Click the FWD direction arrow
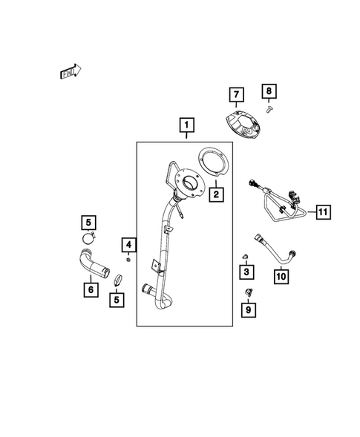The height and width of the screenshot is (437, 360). pyautogui.click(x=71, y=72)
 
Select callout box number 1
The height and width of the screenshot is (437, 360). pyautogui.click(x=186, y=125)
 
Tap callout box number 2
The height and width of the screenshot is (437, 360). pyautogui.click(x=216, y=194)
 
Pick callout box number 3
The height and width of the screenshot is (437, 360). pyautogui.click(x=246, y=272)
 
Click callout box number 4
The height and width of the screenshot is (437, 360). pyautogui.click(x=128, y=245)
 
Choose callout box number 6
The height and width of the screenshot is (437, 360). pyautogui.click(x=91, y=289)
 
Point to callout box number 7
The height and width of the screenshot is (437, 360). pyautogui.click(x=237, y=94)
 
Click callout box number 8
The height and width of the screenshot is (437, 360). pyautogui.click(x=269, y=91)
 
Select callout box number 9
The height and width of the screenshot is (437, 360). pyautogui.click(x=249, y=309)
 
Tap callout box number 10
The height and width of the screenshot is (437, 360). pyautogui.click(x=281, y=277)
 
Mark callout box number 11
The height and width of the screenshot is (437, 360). pyautogui.click(x=323, y=211)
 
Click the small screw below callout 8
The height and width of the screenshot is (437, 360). pyautogui.click(x=269, y=109)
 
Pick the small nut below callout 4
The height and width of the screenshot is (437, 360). pyautogui.click(x=128, y=260)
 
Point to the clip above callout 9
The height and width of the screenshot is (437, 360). pyautogui.click(x=248, y=292)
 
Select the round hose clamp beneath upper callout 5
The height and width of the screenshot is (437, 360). pyautogui.click(x=88, y=239)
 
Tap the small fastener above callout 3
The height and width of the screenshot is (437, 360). pyautogui.click(x=246, y=256)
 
